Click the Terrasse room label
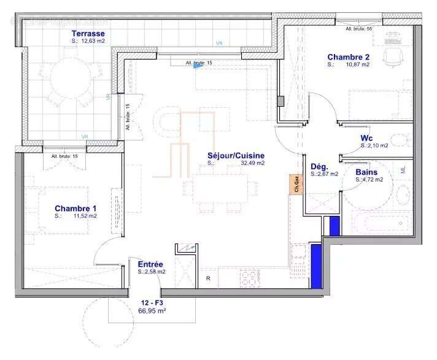click(88, 33)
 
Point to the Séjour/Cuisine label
click(236, 155)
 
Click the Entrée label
click(150, 264)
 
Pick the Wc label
click(367, 137)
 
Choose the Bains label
click(366, 172)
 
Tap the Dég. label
click(320, 166)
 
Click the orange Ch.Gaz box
click(296, 184)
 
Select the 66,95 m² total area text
click(153, 311)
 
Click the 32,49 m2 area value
click(252, 163)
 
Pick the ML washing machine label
click(403, 170)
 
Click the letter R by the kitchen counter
click(208, 278)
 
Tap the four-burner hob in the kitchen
click(250, 278)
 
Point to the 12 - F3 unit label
click(153, 302)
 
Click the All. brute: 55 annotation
click(360, 29)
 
